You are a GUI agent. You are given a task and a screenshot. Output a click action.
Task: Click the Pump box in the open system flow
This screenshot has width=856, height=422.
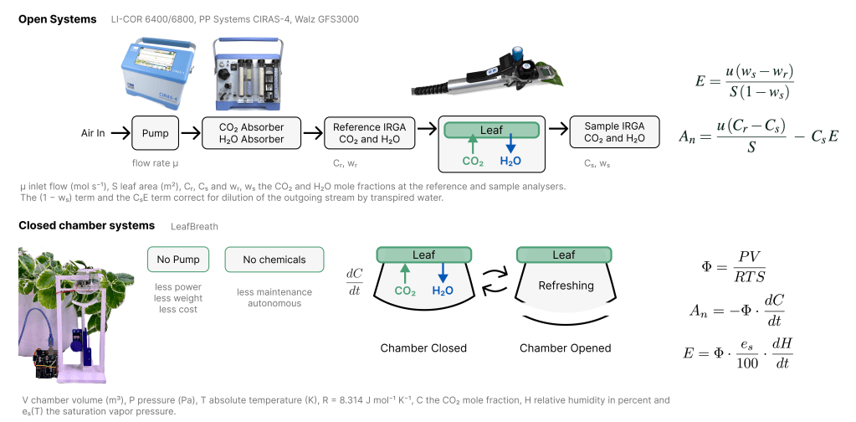click(155, 132)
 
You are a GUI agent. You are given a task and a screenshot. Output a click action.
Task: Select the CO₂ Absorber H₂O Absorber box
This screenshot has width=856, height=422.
click(251, 132)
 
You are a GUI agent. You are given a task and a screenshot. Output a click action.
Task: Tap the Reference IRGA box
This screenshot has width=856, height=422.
click(369, 132)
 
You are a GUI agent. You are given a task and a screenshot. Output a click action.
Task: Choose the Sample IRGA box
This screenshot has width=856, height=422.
click(614, 132)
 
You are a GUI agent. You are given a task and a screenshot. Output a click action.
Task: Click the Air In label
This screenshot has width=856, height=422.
click(93, 132)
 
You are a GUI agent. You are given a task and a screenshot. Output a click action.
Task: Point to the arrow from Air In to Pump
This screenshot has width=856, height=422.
click(119, 132)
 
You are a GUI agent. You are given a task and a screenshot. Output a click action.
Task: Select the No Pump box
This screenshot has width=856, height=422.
click(178, 260)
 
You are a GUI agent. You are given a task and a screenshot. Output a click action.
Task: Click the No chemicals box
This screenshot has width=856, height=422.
click(274, 260)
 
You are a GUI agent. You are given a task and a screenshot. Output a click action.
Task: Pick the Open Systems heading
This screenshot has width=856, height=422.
click(58, 19)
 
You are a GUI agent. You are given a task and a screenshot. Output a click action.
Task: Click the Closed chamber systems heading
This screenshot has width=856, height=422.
click(86, 225)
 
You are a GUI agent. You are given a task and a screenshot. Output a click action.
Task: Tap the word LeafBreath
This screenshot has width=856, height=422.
click(194, 227)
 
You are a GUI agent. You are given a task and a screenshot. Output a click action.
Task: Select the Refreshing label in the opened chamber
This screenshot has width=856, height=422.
click(566, 286)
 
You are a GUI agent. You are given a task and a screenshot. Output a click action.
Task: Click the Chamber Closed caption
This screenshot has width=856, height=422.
click(423, 347)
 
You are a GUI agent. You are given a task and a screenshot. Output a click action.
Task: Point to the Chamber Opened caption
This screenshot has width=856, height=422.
click(565, 347)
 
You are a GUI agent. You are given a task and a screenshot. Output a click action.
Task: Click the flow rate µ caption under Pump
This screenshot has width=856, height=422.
click(155, 162)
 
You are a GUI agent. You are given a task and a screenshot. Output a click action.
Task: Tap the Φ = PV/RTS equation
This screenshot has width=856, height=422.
click(734, 267)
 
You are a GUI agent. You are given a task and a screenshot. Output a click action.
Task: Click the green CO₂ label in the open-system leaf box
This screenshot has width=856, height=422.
click(473, 161)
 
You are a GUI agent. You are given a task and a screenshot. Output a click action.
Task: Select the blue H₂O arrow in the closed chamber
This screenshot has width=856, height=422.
click(442, 272)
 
